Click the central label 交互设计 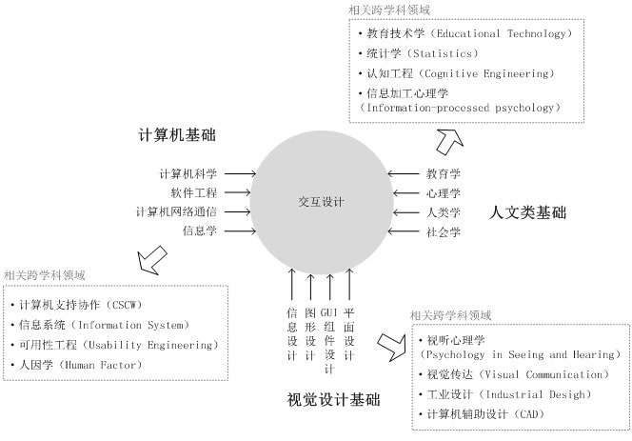[321, 201]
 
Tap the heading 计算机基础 [177, 134]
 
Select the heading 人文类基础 [527, 212]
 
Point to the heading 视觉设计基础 [333, 399]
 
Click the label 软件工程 [194, 192]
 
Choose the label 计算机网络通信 [176, 211]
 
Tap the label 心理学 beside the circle [444, 193]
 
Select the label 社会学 [444, 232]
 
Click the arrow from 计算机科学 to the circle [240, 174]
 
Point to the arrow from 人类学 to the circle [406, 212]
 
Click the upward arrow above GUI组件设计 [329, 287]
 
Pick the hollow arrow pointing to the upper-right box [449, 141]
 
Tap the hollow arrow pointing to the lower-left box [151, 260]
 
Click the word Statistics [443, 53]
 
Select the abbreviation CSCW [125, 305]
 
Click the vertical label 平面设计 [349, 334]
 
